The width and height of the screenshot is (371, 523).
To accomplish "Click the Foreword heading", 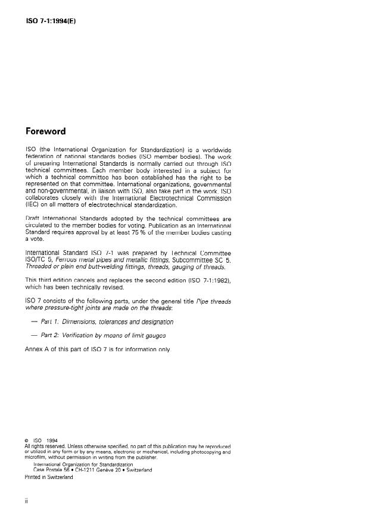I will (46, 131).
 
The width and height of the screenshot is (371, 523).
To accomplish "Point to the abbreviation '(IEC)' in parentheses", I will (33, 206).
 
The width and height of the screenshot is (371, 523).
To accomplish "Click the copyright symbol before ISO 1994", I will (27, 440).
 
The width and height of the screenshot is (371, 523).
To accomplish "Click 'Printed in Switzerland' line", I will (49, 477).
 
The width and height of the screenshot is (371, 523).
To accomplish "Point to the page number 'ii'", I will (26, 501).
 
